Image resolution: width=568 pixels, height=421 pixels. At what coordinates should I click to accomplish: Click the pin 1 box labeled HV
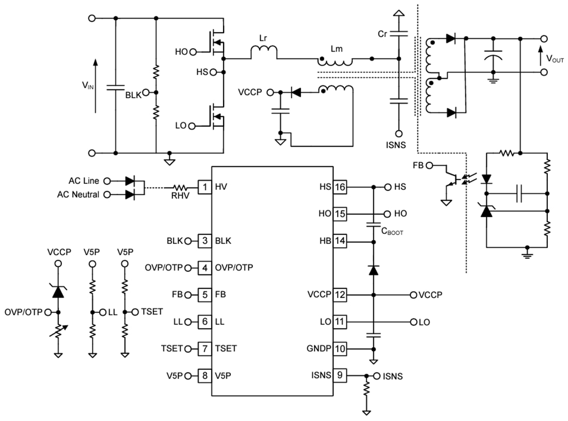(204, 187)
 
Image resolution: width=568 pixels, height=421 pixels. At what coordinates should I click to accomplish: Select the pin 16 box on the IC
(339, 187)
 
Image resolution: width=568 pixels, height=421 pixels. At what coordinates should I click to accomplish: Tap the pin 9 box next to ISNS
(339, 375)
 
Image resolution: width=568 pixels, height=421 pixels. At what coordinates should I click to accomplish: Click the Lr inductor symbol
(264, 51)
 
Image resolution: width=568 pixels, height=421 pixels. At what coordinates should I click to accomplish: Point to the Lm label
(337, 49)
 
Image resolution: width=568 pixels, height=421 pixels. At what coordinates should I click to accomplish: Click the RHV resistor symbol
(182, 187)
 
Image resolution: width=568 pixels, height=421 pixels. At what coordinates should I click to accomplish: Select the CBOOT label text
(392, 232)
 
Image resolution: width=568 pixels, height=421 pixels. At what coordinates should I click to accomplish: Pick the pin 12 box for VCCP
(339, 294)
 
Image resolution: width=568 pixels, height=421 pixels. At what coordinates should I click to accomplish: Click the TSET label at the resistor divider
(149, 311)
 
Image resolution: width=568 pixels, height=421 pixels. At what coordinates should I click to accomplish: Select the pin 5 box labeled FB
(204, 294)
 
